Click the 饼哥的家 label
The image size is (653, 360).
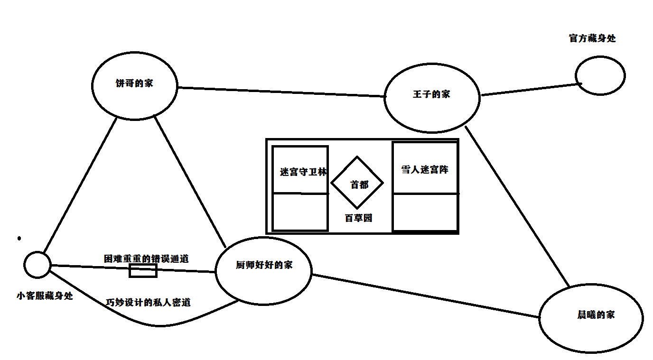point(134,83)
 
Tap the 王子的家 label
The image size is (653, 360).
point(431,94)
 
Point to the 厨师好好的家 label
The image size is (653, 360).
point(264,265)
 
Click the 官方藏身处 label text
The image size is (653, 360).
point(592,38)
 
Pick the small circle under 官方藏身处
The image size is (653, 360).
point(600,75)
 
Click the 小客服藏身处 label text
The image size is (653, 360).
point(45,296)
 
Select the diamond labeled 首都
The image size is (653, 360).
point(357,183)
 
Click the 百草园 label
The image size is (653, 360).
point(358,218)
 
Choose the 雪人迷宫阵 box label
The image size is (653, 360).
point(425,169)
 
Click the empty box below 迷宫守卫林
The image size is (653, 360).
point(300,212)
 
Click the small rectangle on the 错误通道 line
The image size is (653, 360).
point(143,270)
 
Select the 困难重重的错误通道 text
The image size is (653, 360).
point(146,258)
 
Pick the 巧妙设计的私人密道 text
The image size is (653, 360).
point(148,302)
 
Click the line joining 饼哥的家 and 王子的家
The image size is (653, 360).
point(280,92)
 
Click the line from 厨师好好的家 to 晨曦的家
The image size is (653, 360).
point(425,295)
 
